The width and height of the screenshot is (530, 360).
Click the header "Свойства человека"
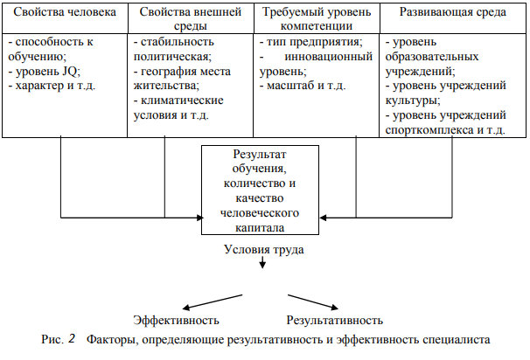coord(65,15)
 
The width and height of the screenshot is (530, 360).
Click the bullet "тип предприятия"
coord(311,44)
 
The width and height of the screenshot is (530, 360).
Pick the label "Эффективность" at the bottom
coord(175,321)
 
